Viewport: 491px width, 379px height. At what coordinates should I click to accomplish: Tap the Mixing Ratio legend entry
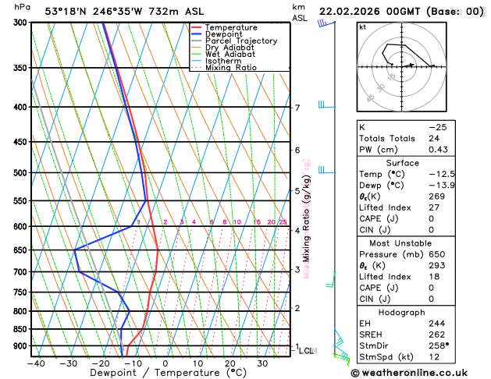pos(231,67)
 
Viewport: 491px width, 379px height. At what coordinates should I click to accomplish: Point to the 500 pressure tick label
pos(20,173)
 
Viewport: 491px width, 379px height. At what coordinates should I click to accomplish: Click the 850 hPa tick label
pos(20,329)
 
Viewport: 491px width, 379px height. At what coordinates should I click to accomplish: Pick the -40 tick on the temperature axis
pos(35,363)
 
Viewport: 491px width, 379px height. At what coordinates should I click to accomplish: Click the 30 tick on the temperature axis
pos(263,363)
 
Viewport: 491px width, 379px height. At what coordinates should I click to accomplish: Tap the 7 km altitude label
pos(297,108)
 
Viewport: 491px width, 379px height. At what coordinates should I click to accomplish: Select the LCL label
pos(307,351)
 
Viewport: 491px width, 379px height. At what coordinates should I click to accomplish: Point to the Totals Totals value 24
pos(434,138)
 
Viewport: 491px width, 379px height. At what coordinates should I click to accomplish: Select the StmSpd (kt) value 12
pos(434,357)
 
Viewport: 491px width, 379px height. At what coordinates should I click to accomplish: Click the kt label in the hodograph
pos(362,27)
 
